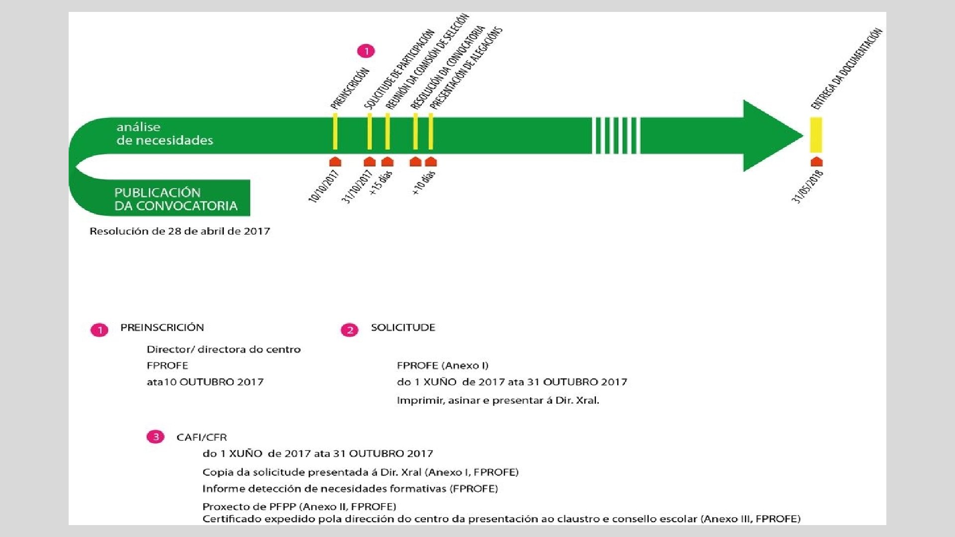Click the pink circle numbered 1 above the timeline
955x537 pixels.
coord(366,51)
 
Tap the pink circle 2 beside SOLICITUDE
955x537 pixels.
coord(349,330)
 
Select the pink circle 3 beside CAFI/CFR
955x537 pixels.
coord(155,437)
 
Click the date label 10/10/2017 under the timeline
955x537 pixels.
coord(324,186)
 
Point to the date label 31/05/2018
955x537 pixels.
coord(807,186)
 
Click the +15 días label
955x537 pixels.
coord(382,183)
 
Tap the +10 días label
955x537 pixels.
coord(424,182)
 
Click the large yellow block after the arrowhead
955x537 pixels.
coord(816,135)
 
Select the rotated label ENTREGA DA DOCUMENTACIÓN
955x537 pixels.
coord(847,69)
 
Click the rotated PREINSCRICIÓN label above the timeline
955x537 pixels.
coord(350,88)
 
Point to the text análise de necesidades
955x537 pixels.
coord(165,134)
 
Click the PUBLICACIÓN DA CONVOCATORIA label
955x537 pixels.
coord(176,199)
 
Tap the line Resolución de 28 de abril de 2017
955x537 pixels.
coord(180,231)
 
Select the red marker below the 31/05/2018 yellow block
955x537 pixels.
coord(816,162)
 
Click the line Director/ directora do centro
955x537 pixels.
coord(223,350)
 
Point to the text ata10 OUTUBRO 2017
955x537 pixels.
coord(205,382)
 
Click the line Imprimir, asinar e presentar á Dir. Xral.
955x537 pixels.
coord(498,400)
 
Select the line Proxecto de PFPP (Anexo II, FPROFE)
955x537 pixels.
coord(299,507)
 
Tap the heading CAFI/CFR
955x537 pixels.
coord(201,438)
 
